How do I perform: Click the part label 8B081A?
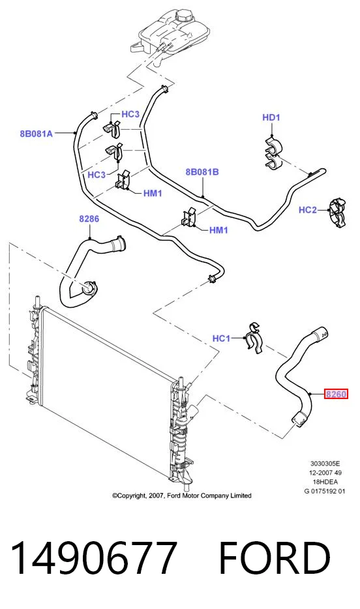click(x=36, y=134)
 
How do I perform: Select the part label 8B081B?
click(x=202, y=172)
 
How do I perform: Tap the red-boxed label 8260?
click(x=336, y=394)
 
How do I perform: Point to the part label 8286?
click(x=89, y=218)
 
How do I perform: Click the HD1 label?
click(x=271, y=117)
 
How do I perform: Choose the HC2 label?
click(x=308, y=210)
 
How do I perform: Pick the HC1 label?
click(x=221, y=338)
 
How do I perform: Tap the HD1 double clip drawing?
click(x=274, y=153)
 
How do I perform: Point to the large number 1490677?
click(x=94, y=557)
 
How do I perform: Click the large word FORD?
click(x=275, y=557)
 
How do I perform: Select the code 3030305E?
click(x=325, y=464)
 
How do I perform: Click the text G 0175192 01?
click(x=325, y=491)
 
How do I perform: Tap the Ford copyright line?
click(x=182, y=496)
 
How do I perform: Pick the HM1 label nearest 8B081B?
click(x=218, y=230)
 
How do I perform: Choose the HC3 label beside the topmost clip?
click(x=130, y=114)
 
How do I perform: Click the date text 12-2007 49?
click(x=325, y=473)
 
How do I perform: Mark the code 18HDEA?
click(x=325, y=482)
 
